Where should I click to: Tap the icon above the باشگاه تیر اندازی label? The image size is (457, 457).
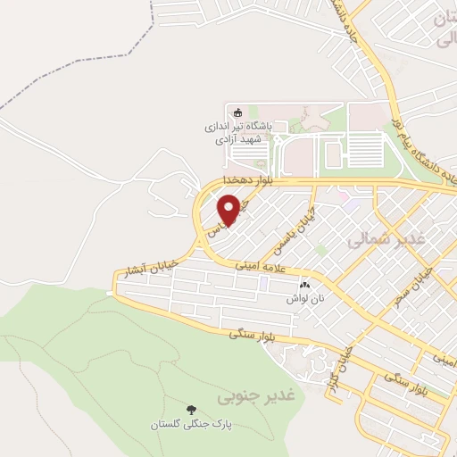[237, 112]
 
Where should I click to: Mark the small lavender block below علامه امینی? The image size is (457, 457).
[264, 282]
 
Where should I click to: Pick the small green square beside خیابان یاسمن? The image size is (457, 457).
[320, 249]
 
